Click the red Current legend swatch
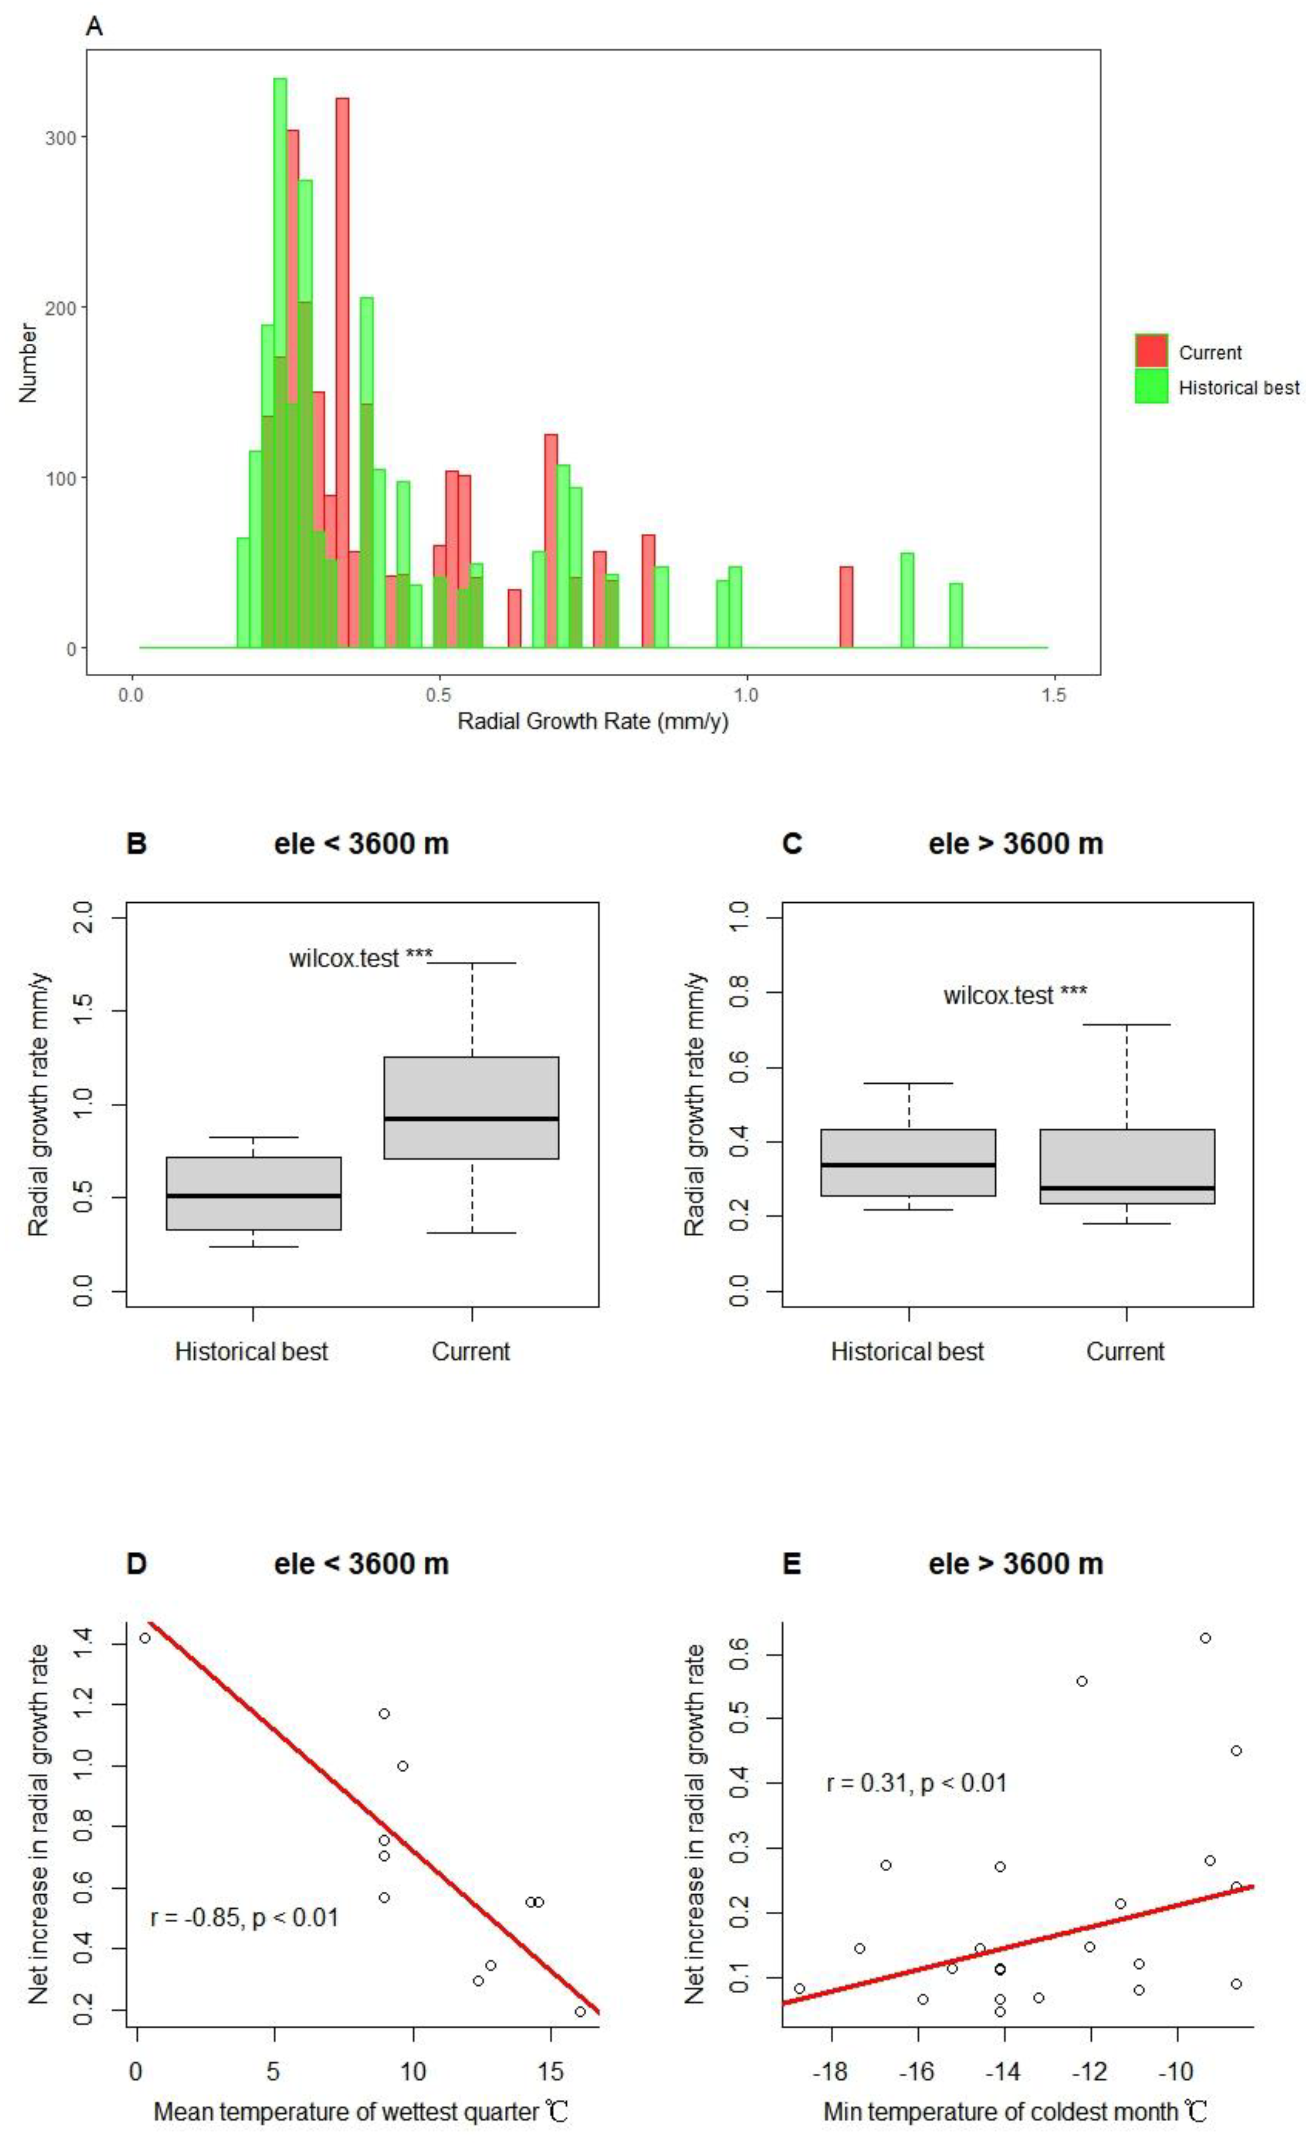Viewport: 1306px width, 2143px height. pyautogui.click(x=1150, y=351)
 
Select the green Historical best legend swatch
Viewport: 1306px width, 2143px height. pyautogui.click(x=1150, y=386)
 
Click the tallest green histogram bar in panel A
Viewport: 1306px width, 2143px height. pyautogui.click(x=280, y=348)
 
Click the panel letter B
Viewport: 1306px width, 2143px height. pyautogui.click(x=137, y=844)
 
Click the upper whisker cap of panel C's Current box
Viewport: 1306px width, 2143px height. pyautogui.click(x=1127, y=1025)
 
